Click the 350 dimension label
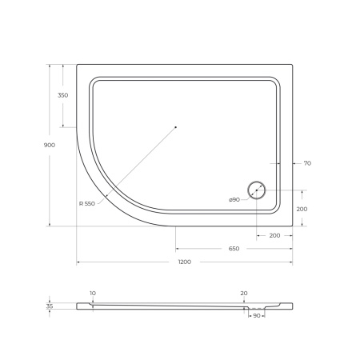(x=62, y=95)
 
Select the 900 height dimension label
(x=50, y=145)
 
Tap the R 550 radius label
(x=87, y=204)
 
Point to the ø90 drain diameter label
(x=234, y=198)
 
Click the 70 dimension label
(x=306, y=163)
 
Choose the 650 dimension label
(x=234, y=249)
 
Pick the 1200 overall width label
(x=183, y=263)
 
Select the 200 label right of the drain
(x=302, y=208)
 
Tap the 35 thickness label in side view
(x=50, y=306)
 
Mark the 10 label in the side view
(x=92, y=294)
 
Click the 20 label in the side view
(x=243, y=294)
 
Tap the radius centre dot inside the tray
(x=176, y=126)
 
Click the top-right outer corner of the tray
(x=291, y=66)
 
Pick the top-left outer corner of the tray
(x=77, y=66)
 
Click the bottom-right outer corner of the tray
(x=291, y=226)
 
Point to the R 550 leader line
(x=136, y=164)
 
